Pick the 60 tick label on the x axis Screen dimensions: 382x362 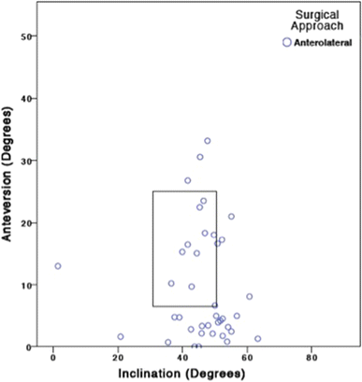[247, 359]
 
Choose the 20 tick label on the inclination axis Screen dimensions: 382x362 [118, 359]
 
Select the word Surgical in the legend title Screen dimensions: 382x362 [315, 15]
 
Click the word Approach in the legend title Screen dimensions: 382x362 [315, 28]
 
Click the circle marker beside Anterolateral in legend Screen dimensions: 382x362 [286, 43]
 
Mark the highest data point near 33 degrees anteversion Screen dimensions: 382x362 [208, 141]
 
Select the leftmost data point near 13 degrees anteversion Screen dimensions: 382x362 [58, 266]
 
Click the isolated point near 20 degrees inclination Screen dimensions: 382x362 [121, 336]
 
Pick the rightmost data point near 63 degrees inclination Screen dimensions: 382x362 [258, 339]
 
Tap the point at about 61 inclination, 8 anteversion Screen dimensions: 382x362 [250, 296]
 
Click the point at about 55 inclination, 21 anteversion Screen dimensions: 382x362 [231, 217]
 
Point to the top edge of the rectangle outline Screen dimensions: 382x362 [184, 191]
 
